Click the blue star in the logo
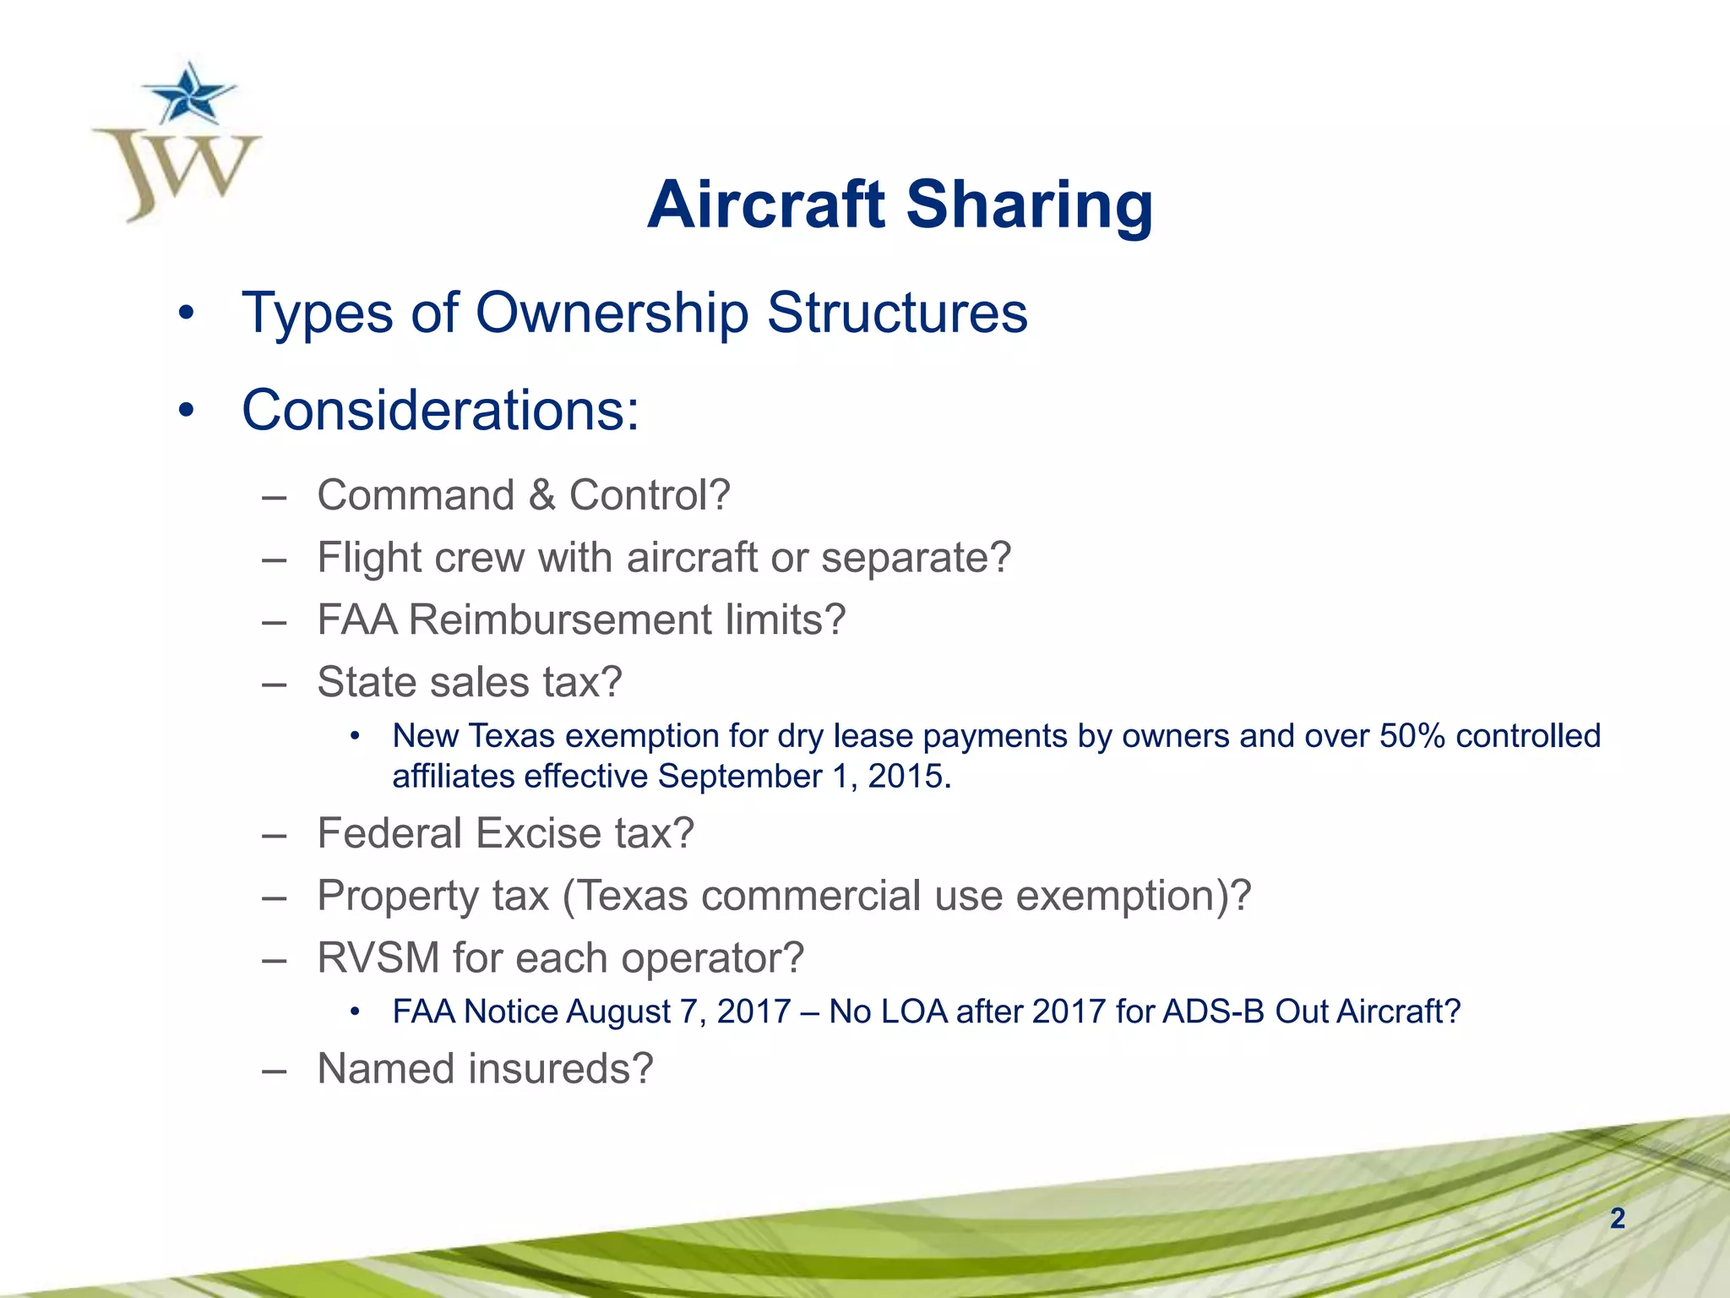187,95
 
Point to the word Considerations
440,411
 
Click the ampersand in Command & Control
541,495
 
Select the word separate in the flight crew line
915,558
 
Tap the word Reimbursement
563,620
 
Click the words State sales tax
469,682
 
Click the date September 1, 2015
804,777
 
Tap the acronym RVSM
378,958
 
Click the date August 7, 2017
679,1012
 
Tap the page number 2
1617,1219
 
